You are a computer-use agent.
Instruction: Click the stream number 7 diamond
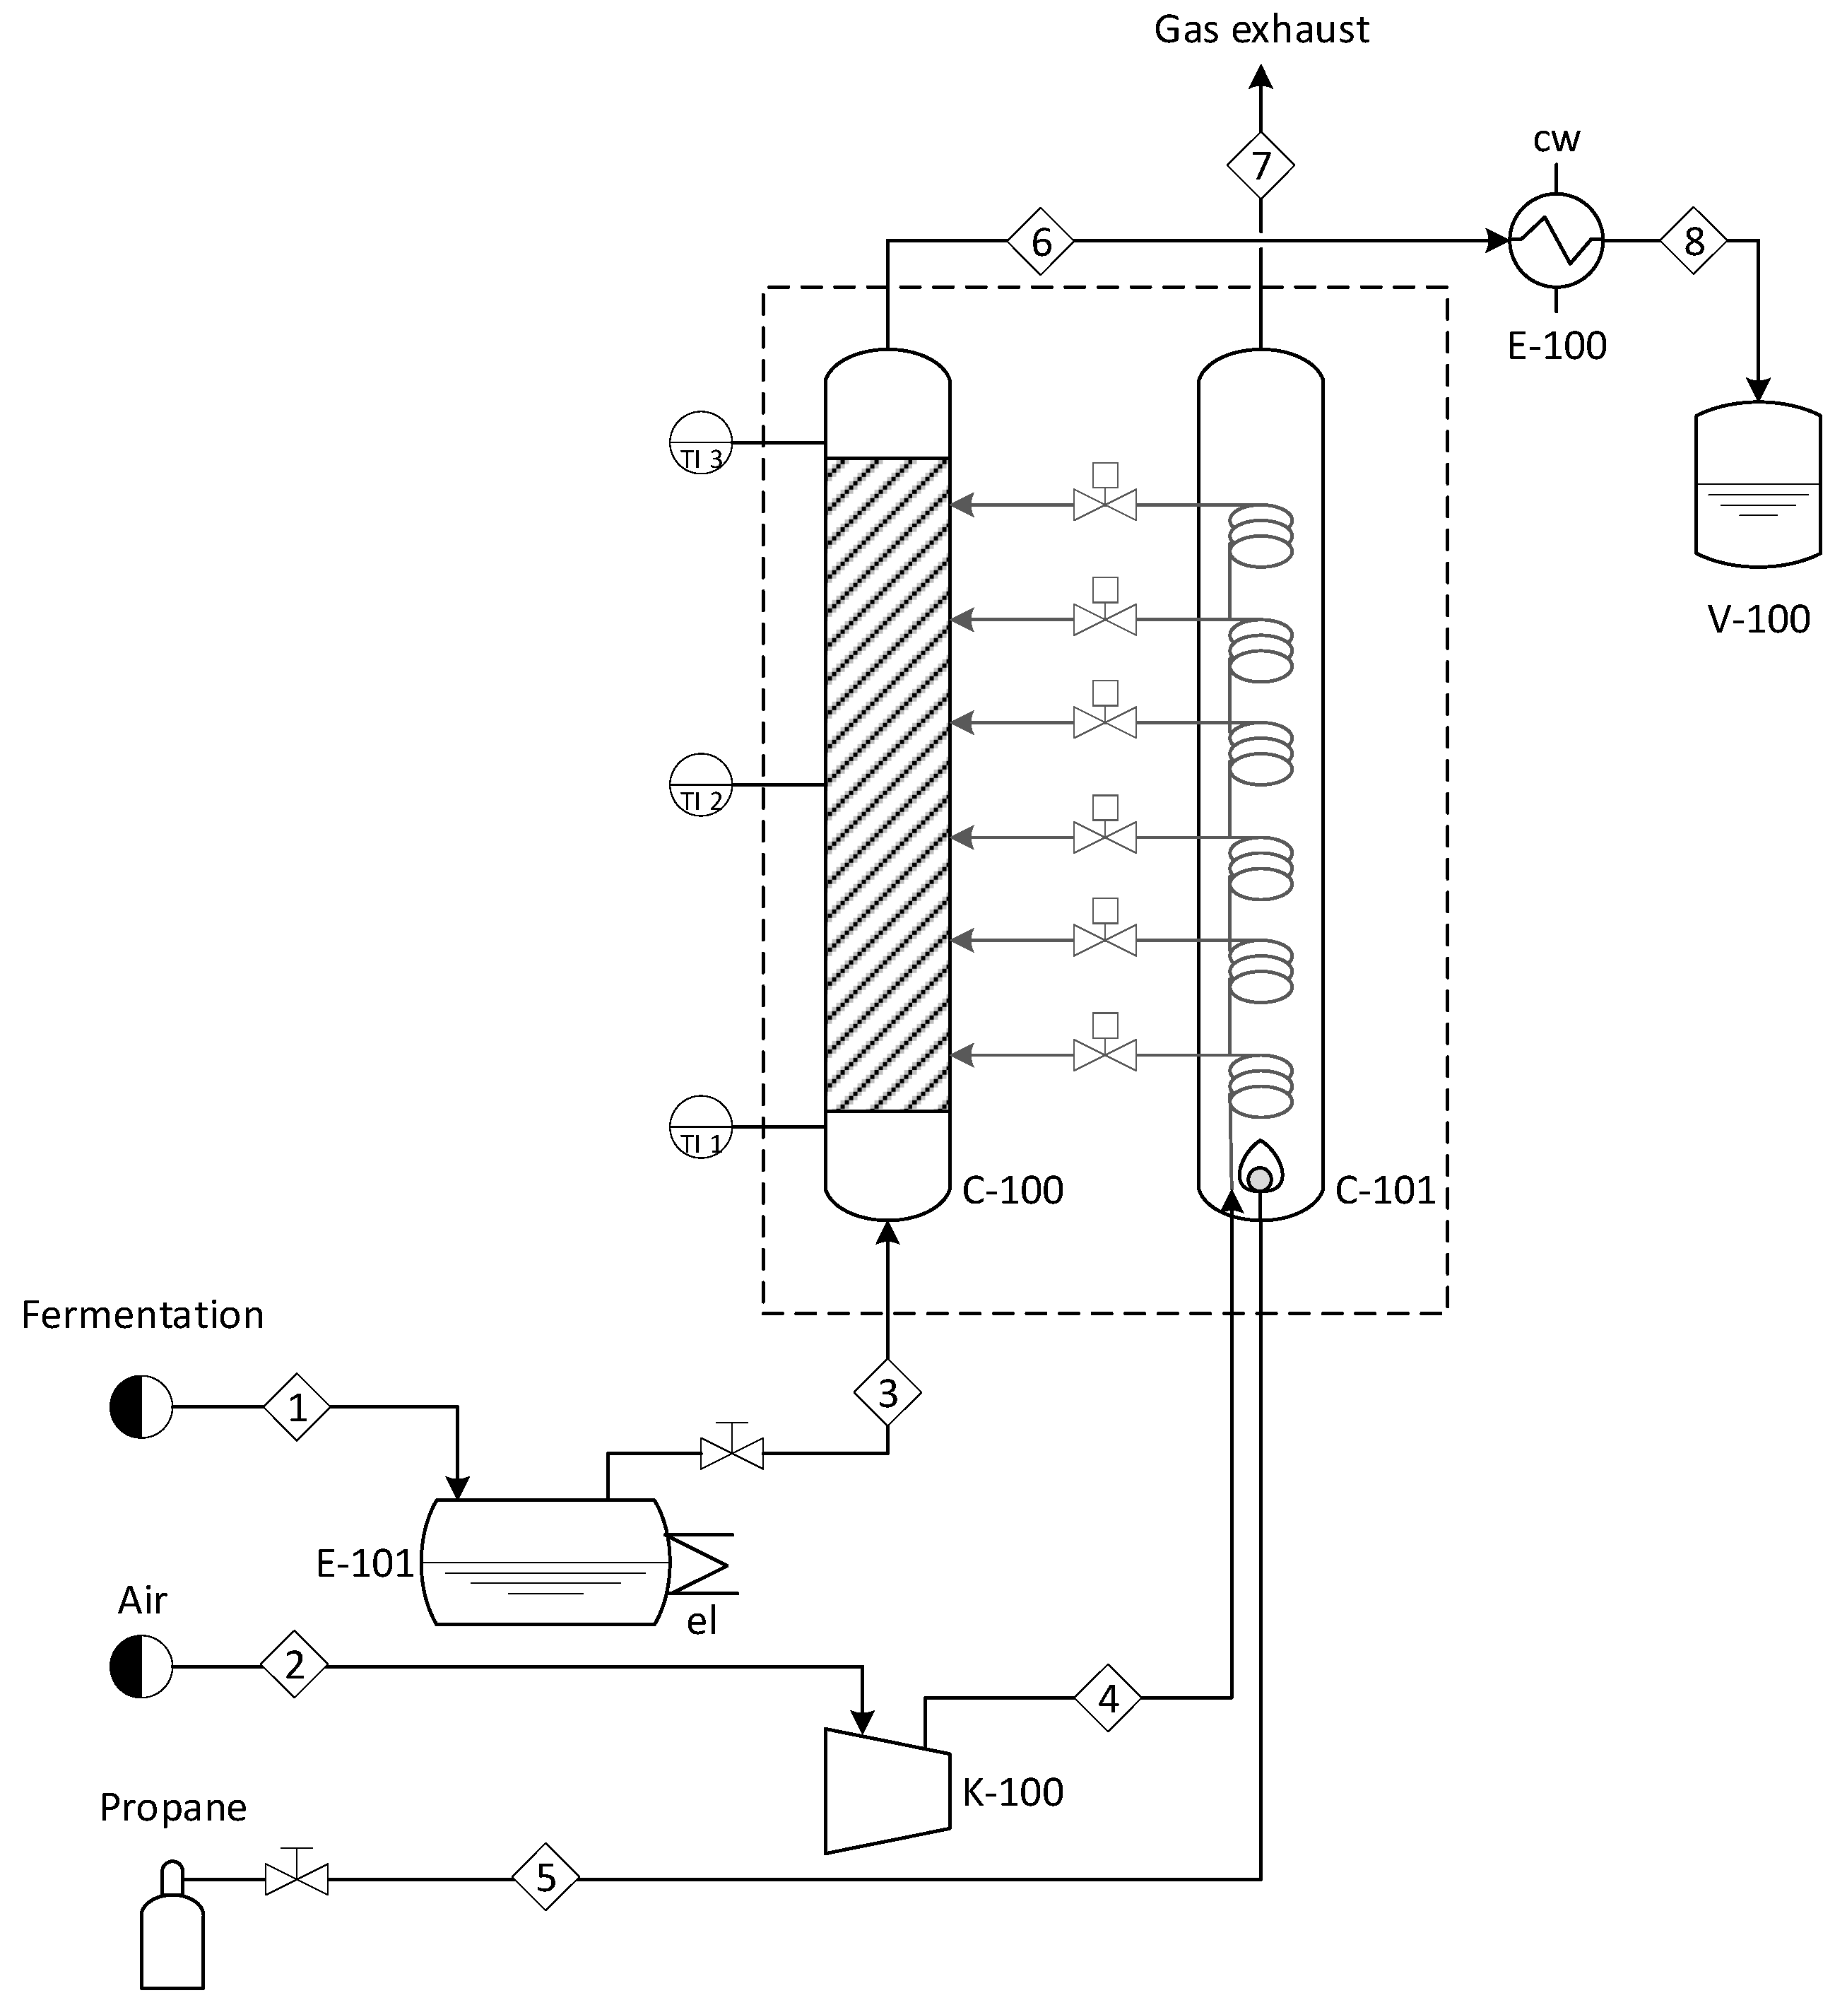1261,165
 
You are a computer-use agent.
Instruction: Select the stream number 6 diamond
1040,241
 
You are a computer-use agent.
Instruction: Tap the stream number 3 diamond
887,1392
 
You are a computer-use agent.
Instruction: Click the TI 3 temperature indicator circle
701,442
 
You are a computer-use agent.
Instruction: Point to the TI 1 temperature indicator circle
701,1127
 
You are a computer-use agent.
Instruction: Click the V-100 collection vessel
1758,484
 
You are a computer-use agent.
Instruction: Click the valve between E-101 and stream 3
731,1452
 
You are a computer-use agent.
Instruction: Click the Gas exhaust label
1261,30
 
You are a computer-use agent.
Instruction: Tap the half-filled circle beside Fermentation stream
141,1406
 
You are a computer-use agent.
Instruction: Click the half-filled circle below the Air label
141,1666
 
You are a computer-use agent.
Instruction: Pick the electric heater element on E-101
700,1564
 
